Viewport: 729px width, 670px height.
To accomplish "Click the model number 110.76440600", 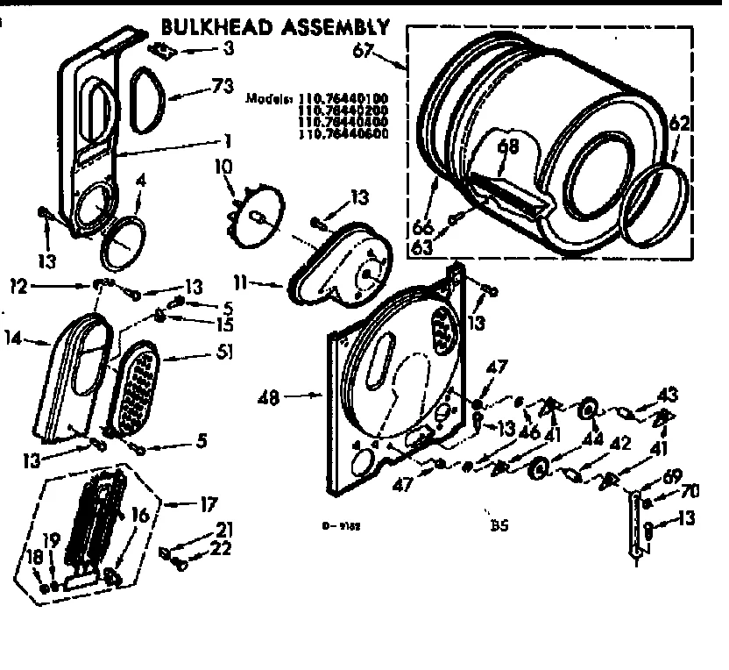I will [344, 134].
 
